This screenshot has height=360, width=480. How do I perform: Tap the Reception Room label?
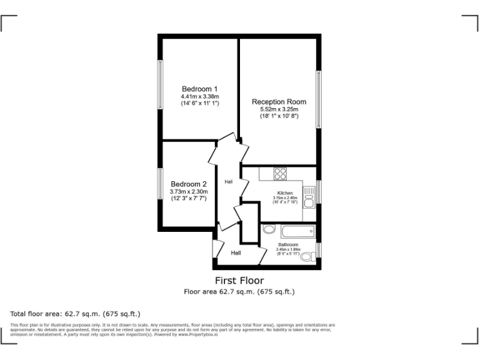[279, 101]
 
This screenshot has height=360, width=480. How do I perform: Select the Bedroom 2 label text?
[189, 184]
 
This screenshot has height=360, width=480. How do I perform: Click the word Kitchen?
[285, 193]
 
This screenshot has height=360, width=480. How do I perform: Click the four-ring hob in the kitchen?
[279, 174]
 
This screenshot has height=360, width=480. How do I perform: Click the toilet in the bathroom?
[307, 256]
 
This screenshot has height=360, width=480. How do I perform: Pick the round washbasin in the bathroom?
[269, 229]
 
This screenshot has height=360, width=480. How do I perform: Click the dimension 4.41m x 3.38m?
[200, 97]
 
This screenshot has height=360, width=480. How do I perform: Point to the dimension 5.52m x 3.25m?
[279, 109]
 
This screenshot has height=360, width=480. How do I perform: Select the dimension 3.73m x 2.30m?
[189, 191]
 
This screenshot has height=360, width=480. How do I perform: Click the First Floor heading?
[239, 281]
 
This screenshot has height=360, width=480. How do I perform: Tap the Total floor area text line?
[76, 313]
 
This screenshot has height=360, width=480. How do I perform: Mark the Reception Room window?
[319, 101]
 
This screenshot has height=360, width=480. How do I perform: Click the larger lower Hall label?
[236, 253]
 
